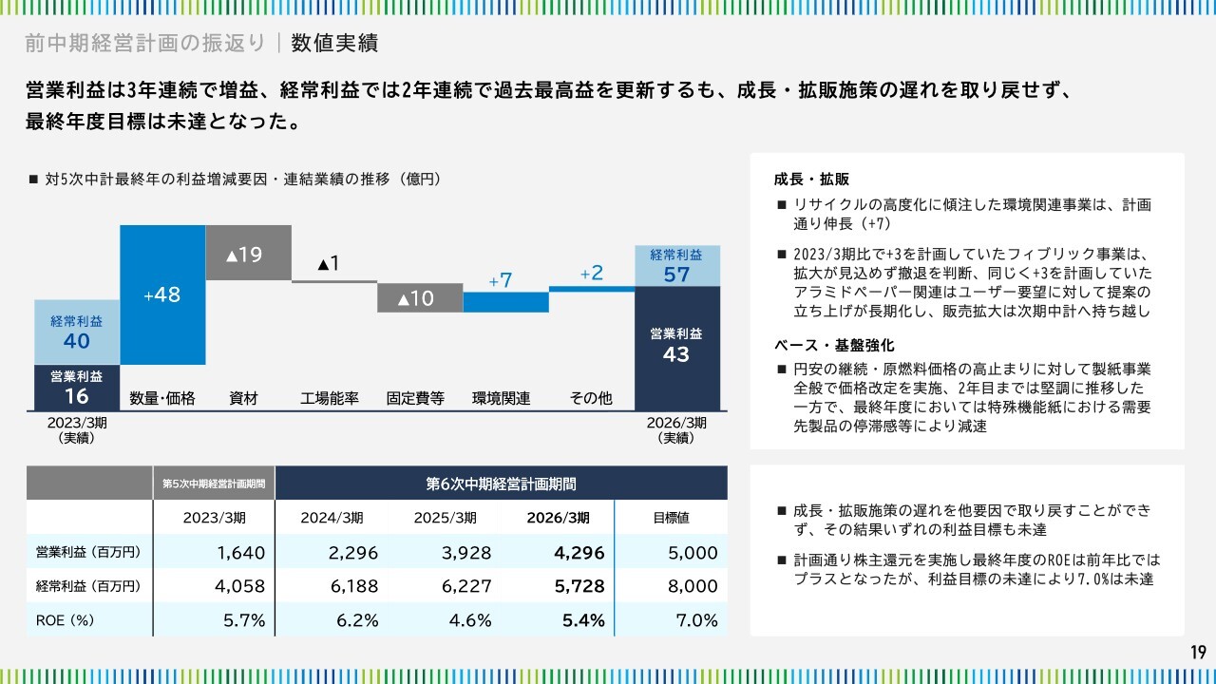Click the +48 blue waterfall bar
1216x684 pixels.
pyautogui.click(x=162, y=294)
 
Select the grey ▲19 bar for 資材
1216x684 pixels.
pyautogui.click(x=249, y=253)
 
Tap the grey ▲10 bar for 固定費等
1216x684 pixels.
pyautogui.click(x=420, y=297)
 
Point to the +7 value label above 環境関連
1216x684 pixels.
pyautogui.click(x=501, y=280)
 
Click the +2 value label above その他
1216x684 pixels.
pyautogui.click(x=592, y=273)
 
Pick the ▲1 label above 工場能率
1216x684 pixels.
pyautogui.click(x=329, y=264)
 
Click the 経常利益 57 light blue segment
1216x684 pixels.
pyautogui.click(x=677, y=266)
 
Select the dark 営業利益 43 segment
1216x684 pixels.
pyautogui.click(x=677, y=349)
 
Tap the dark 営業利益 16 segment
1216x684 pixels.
pyautogui.click(x=77, y=388)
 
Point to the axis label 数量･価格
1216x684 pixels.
pyautogui.click(x=162, y=398)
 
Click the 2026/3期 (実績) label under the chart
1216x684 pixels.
pyautogui.click(x=676, y=430)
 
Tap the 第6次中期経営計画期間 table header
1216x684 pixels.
pyautogui.click(x=501, y=484)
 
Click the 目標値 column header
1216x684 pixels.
pyautogui.click(x=671, y=518)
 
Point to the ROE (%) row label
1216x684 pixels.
pyautogui.click(x=66, y=620)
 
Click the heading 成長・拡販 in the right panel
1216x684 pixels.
pyautogui.click(x=811, y=180)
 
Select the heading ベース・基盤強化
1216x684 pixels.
pyautogui.click(x=834, y=345)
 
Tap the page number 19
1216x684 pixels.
pyautogui.click(x=1199, y=652)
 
